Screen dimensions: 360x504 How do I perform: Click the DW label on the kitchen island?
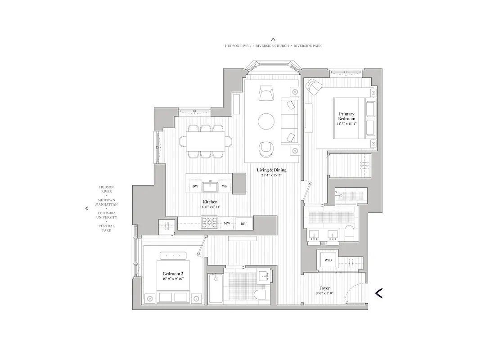coord(195,186)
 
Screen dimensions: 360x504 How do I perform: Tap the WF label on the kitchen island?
coord(225,186)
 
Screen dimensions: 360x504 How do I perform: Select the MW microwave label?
coord(227,223)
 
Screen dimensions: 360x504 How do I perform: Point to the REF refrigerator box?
coord(244,223)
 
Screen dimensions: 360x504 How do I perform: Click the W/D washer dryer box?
coord(326,260)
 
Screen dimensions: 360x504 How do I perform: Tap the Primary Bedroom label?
coord(347,116)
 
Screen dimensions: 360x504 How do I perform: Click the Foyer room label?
coord(324,288)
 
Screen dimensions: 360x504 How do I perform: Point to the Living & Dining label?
coord(271,170)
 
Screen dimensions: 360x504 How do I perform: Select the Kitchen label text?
coord(210,202)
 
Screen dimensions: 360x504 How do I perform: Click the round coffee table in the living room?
coord(266,121)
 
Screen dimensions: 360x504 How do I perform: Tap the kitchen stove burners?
coord(209,222)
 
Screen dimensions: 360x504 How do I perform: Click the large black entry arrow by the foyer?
coord(379,293)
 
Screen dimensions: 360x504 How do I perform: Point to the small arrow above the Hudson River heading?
coord(273,40)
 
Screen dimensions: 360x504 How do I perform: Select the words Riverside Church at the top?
coord(273,46)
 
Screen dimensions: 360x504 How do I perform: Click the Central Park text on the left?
coord(107,228)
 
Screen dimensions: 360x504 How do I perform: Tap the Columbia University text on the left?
coord(106,215)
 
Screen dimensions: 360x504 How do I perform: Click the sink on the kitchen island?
coord(210,185)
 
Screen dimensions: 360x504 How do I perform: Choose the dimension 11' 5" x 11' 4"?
coord(346,124)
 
